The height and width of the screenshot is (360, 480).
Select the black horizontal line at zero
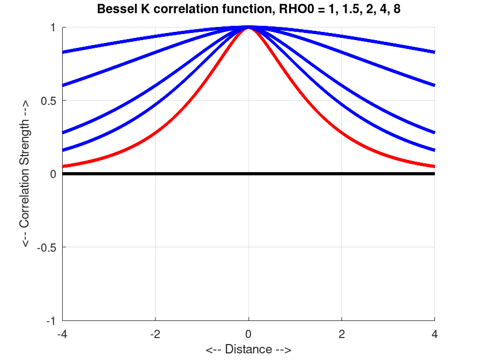point(165,174)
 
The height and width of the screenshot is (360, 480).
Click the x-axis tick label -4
point(62,334)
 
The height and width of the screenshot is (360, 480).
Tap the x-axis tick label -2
point(155,334)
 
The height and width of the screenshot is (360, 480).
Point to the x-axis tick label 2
point(342,334)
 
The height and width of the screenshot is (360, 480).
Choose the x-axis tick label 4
point(435,334)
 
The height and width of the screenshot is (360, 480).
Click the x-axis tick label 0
point(249,334)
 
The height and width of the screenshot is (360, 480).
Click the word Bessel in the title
point(113,9)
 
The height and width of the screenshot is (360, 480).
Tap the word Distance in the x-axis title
point(249,350)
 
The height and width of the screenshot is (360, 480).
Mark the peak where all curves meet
point(249,27)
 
